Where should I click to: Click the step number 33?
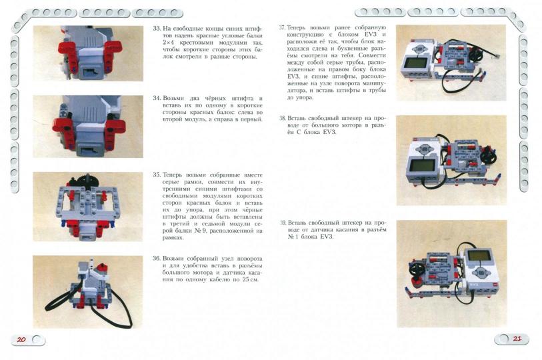(x=157, y=29)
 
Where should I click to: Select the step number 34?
(x=157, y=98)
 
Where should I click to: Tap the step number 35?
(x=157, y=175)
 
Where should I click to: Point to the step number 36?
(x=157, y=257)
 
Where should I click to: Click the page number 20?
(x=21, y=339)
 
